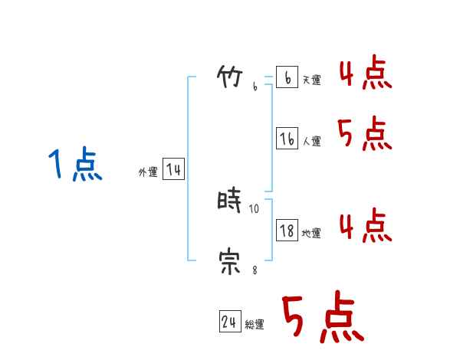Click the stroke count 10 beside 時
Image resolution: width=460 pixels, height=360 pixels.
[x=255, y=208]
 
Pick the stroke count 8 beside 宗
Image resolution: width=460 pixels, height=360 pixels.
[x=255, y=270]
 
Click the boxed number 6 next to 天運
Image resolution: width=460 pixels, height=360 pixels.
[x=286, y=77]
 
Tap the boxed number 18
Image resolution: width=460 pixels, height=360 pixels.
[x=287, y=230]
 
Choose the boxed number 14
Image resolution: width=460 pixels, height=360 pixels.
[x=173, y=169]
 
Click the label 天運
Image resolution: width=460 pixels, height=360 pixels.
[x=311, y=80]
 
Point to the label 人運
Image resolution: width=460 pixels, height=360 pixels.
[x=311, y=141]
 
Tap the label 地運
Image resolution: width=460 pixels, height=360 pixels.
[x=311, y=233]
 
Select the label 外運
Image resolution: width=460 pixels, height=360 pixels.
[x=148, y=172]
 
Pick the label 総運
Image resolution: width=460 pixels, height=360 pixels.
[x=255, y=325]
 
